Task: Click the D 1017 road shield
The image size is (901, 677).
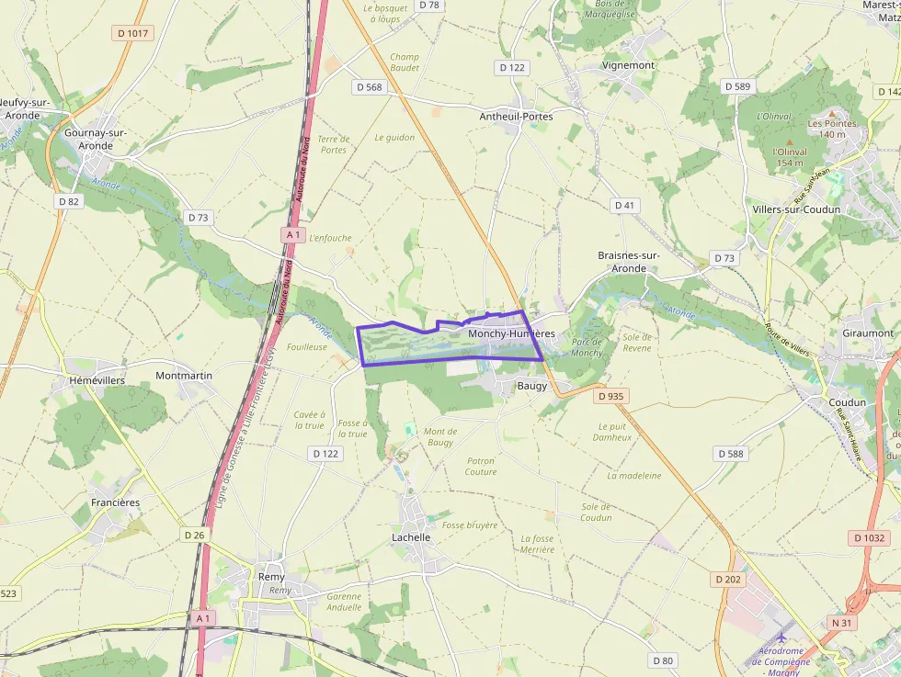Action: coord(133,33)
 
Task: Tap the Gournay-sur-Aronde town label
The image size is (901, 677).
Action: coord(96,139)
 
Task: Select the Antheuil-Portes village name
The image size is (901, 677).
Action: coord(516,117)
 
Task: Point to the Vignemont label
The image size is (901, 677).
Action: coord(628,65)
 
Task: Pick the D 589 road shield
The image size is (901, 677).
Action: coord(737,86)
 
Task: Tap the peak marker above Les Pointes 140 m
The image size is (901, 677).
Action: coord(832,113)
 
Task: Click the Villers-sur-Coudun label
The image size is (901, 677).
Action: coord(796,209)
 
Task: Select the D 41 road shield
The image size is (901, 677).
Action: coord(625,205)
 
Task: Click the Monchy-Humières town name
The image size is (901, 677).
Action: coord(511,333)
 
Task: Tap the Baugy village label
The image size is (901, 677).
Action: coord(531,386)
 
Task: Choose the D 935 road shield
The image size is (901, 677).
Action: coord(610,397)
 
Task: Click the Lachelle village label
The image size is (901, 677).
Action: coord(411,537)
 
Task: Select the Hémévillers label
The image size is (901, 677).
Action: coord(97,379)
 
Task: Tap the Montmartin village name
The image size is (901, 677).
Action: coord(184,376)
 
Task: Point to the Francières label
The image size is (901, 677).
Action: coord(115,502)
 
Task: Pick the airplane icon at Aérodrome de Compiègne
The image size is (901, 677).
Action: coord(782,637)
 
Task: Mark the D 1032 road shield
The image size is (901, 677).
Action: coord(869,538)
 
